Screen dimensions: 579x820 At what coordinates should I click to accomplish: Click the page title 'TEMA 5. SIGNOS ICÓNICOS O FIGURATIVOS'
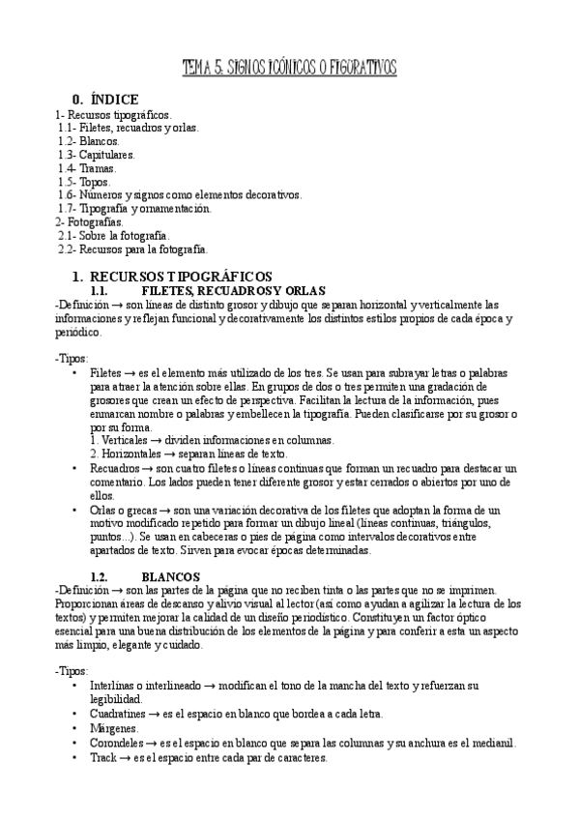coord(289,69)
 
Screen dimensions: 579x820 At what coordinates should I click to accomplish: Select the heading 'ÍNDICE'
coord(114,99)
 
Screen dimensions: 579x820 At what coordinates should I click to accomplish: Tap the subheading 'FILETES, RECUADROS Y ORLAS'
coord(232,291)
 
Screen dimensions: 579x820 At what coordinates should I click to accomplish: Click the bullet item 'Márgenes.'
coord(114,728)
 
